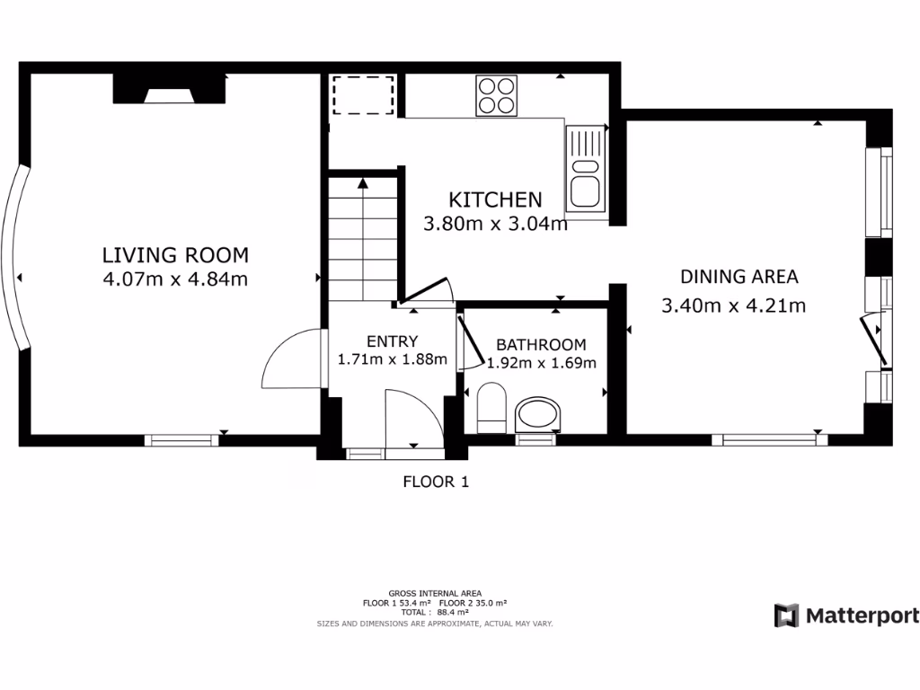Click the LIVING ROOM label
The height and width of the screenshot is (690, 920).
175,255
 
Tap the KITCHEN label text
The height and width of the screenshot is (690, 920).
495,199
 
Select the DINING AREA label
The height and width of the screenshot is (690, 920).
739,277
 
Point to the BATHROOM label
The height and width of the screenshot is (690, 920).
541,344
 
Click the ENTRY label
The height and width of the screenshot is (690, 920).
392,341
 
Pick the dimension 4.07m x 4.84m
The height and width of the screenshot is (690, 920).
175,279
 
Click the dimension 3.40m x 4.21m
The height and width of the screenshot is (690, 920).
733,305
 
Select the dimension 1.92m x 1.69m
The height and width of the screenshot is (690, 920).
541,364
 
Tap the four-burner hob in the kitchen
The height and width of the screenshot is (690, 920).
497,95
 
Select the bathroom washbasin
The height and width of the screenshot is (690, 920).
540,413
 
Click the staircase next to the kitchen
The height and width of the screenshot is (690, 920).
362,238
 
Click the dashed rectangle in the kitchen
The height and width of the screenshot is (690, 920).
363,95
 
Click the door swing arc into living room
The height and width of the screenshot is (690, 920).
293,359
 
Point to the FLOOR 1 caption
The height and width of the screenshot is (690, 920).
435,482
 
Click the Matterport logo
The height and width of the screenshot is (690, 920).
846,615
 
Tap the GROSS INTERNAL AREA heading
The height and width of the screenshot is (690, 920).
435,593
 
